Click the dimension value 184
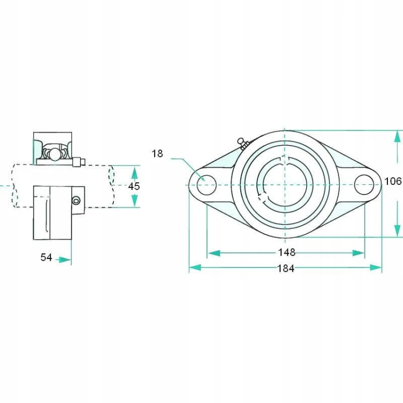285,269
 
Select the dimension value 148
287,253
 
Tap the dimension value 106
393,181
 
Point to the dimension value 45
134,186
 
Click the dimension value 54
46,257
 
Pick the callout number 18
157,154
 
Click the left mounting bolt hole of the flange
206,185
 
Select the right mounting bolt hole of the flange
364,184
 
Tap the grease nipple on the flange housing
243,143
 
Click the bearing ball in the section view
54,154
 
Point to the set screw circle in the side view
76,200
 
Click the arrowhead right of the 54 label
65,260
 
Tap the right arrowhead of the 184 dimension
376,268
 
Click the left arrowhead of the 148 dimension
214,253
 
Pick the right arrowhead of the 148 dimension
358,253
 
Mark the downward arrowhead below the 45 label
134,200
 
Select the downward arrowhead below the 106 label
397,230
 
